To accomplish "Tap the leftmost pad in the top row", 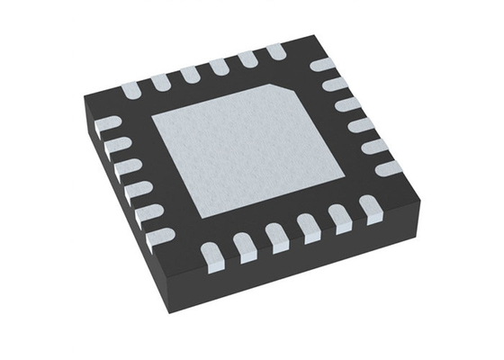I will point(129,88).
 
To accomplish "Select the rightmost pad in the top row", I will point(274,50).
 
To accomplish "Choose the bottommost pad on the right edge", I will point(390,167).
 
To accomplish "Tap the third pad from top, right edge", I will point(347,104).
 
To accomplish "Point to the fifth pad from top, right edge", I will point(374,146).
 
